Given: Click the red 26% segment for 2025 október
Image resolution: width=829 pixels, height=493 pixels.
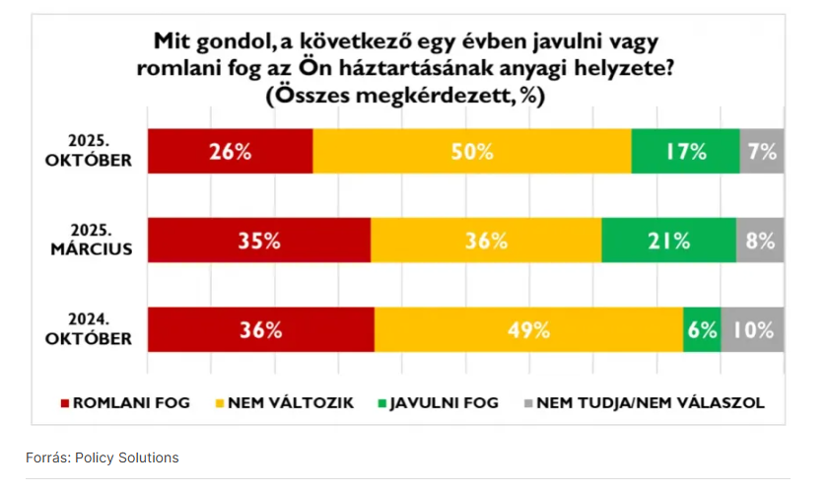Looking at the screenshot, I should click(x=230, y=151).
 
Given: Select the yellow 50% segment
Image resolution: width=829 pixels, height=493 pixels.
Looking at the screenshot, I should click(x=471, y=151).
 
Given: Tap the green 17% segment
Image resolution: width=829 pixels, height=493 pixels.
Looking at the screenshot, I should click(x=685, y=151).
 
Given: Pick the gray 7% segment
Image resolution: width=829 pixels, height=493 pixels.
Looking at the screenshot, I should click(x=762, y=151).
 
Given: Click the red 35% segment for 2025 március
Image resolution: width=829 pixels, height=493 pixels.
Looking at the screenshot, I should click(x=258, y=241).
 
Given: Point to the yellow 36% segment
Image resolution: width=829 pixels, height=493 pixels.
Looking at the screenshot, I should click(x=485, y=241).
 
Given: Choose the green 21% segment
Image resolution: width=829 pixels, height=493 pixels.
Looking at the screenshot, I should click(x=668, y=241).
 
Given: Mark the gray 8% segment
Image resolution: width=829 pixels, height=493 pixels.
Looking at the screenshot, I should click(x=760, y=241).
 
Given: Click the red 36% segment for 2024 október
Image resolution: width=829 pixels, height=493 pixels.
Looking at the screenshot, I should click(x=260, y=330).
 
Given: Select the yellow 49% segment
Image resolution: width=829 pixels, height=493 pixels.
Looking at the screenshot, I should click(x=528, y=330).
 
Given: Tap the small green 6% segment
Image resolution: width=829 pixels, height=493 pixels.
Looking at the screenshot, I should click(x=702, y=330).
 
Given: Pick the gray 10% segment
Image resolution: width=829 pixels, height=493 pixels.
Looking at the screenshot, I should click(x=753, y=330).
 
